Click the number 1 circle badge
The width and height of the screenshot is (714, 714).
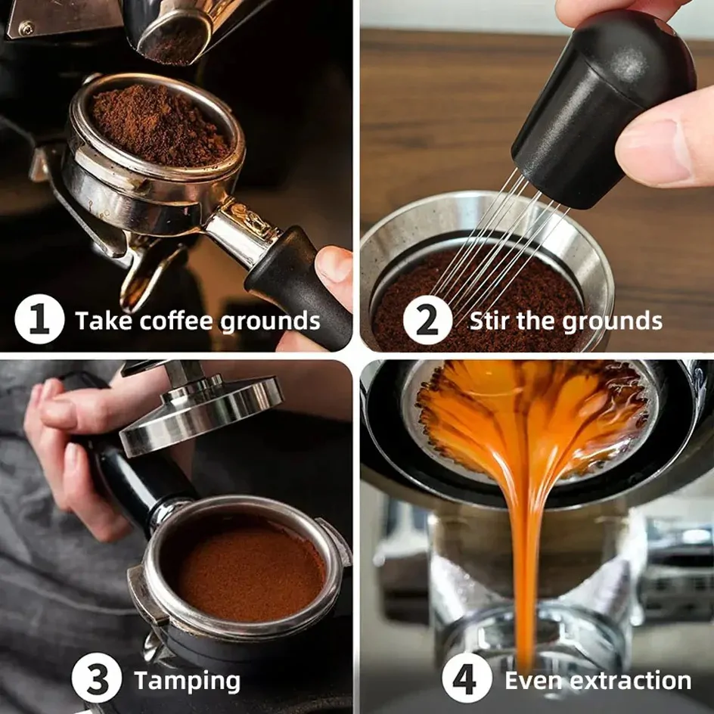coord(39,319)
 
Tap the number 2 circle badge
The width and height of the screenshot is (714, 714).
coord(427,320)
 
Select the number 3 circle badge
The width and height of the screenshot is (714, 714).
coord(97,678)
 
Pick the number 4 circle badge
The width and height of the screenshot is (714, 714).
coord(467,678)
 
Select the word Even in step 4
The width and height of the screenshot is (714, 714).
coord(535,681)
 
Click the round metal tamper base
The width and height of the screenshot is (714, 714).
coord(200,414)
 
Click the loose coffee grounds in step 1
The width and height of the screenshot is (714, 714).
coord(160,126)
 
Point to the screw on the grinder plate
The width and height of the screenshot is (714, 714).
coord(25,28)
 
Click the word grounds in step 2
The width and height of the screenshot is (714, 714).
coord(612,321)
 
